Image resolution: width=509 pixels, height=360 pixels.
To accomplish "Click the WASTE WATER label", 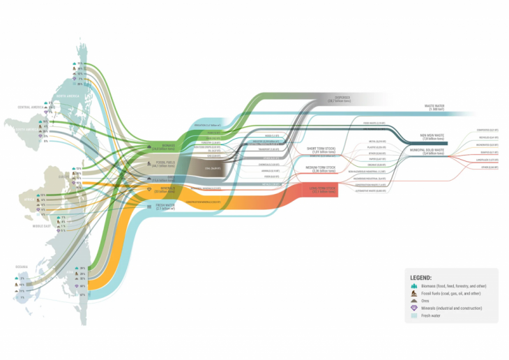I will coord(435,107).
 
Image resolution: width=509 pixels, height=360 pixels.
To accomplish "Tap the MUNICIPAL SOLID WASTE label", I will coord(427,151).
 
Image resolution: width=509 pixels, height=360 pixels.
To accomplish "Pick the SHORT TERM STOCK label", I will coord(321,149).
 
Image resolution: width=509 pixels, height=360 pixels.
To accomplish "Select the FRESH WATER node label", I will coord(164,206).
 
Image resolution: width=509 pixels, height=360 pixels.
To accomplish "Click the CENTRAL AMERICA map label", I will coord(31,107).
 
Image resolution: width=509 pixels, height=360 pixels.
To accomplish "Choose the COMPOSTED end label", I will coord(487,130).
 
